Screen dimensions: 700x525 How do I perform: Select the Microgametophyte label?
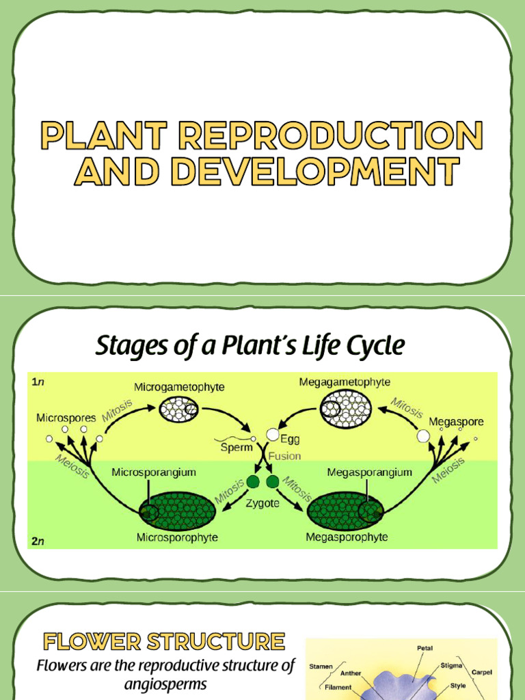179,388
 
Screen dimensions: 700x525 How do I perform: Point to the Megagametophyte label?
345,382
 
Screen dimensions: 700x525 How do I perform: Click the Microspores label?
66,418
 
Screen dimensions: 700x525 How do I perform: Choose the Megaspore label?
456,422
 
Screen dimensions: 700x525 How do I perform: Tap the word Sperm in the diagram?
237,448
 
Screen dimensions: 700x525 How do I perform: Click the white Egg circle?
273,435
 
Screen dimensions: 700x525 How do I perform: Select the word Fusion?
284,456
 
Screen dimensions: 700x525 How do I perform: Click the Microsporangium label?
154,472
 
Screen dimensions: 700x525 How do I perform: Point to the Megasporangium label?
369,472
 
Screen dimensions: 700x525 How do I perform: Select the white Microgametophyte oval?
178,410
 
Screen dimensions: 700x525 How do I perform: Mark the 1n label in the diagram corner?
38,382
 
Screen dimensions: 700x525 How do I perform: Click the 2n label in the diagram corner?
38,541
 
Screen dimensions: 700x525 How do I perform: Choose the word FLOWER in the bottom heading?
87,641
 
